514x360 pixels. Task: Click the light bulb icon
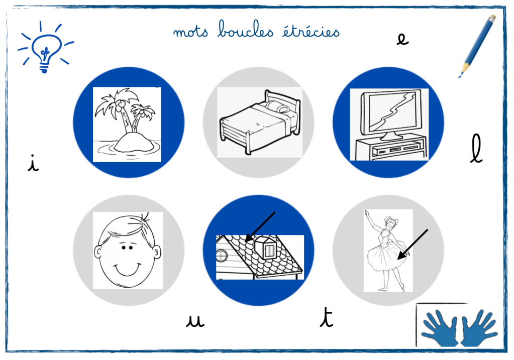point(46,48)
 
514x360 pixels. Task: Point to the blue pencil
point(477,46)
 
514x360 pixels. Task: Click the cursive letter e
point(402,39)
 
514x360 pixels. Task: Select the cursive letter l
point(476,149)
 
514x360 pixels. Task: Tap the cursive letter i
point(33,163)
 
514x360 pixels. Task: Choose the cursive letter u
point(195,321)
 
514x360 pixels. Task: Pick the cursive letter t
point(326,317)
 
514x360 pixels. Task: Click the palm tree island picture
point(127,124)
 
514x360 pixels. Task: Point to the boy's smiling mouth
point(127,270)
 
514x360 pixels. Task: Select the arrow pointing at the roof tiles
point(260,226)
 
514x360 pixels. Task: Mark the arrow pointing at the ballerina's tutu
point(413,245)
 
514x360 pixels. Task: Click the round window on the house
point(221,255)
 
